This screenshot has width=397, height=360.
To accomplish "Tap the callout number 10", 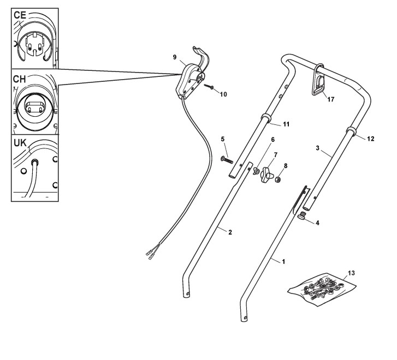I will point(223,94).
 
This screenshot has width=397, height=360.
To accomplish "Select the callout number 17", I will point(328,99).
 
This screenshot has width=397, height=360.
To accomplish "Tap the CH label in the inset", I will point(20,80).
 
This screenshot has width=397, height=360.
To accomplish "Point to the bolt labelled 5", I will point(227,160).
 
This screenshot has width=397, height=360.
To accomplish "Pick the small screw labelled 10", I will point(210,87).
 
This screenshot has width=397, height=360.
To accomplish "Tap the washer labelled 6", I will point(255,171).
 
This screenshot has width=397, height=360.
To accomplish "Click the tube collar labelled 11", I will point(266,119).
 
